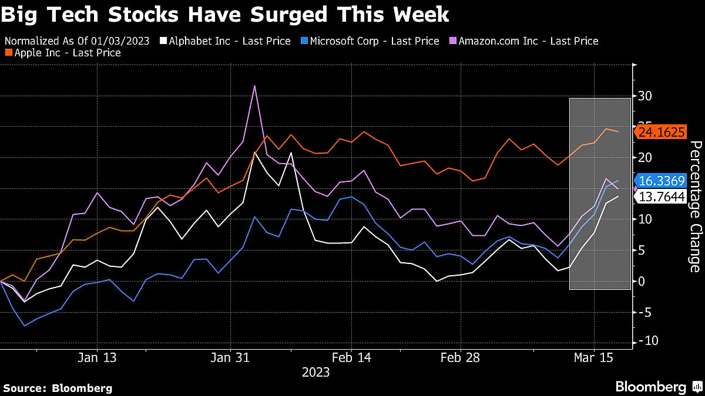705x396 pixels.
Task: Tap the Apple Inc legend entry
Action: pos(66,53)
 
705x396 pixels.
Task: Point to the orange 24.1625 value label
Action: pos(662,133)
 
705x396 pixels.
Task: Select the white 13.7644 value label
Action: pos(662,197)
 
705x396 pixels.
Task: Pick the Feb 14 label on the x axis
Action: pos(351,357)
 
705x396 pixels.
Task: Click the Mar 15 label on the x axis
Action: pos(594,357)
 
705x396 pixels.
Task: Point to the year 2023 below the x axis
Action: pos(316,373)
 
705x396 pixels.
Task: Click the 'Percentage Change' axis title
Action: pos(696,207)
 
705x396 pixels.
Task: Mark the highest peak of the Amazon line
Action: pos(254,86)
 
